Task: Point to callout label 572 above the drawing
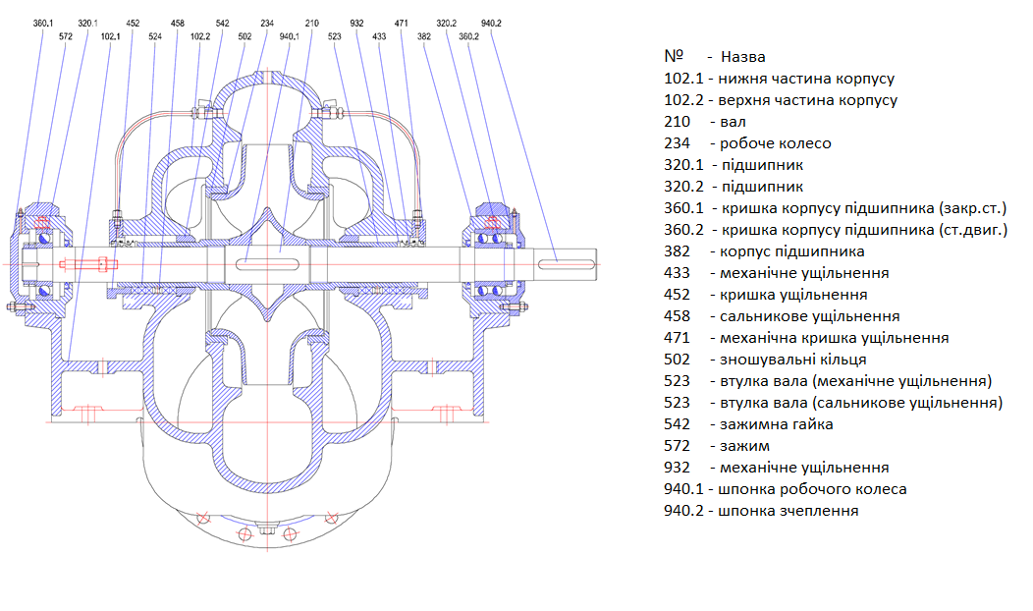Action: tap(66, 36)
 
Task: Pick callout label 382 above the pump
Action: tap(424, 36)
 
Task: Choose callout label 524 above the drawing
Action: tap(155, 36)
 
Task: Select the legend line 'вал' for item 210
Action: tap(733, 122)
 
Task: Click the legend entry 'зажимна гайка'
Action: tap(770, 424)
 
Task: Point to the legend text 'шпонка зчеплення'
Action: tap(788, 511)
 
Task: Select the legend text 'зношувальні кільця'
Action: tap(786, 360)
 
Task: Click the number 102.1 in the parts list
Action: tap(684, 79)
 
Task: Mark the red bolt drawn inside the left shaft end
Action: tap(88, 263)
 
